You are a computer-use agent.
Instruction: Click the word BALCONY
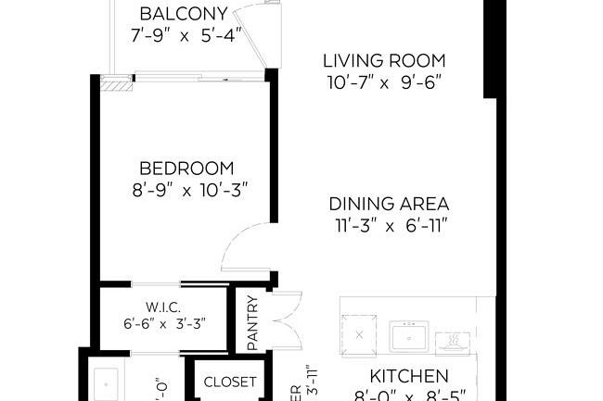[x=183, y=14]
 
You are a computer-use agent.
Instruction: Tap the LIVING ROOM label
[x=384, y=61]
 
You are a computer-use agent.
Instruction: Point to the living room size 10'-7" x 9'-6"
[x=384, y=82]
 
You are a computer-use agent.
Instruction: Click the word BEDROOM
[x=186, y=169]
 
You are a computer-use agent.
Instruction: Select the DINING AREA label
[x=390, y=204]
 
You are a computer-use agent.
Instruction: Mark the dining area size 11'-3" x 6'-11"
[x=390, y=226]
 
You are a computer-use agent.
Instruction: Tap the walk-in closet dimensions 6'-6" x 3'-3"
[x=163, y=324]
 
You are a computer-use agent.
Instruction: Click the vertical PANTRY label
[x=251, y=321]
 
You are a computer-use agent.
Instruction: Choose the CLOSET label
[x=229, y=382]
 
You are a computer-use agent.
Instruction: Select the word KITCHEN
[x=409, y=376]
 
